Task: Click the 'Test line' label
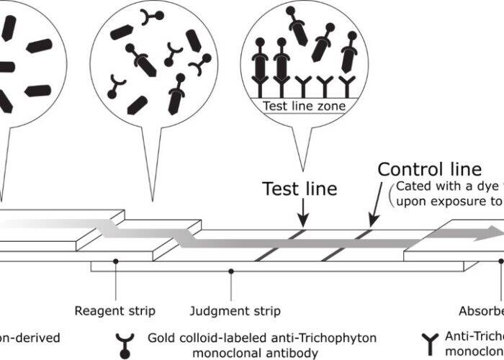299,189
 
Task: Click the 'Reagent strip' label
115,311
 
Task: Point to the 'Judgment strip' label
235,311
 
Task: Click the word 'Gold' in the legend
161,336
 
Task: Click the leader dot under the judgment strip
231,271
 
